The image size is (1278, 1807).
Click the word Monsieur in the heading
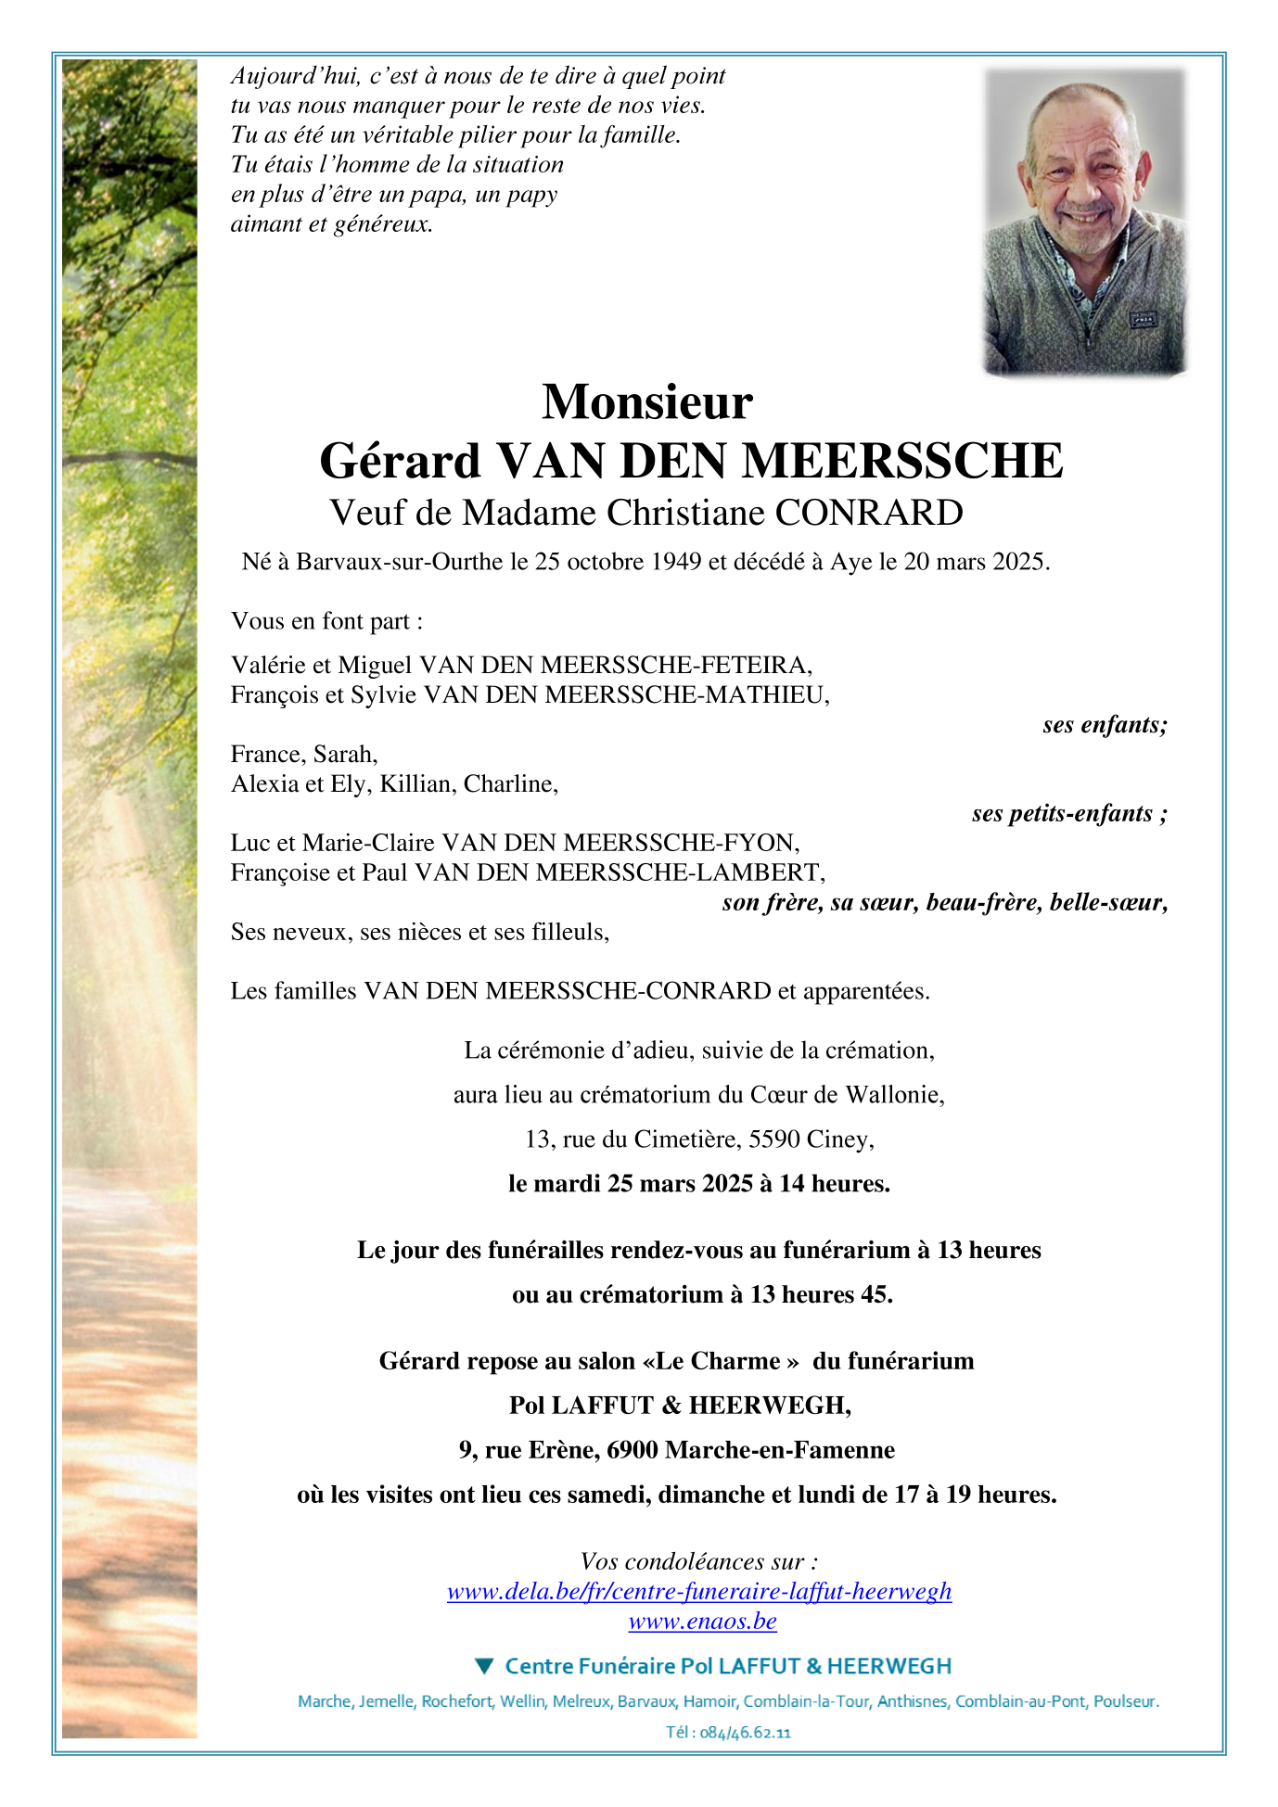click(x=646, y=402)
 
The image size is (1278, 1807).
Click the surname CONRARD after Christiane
click(x=869, y=513)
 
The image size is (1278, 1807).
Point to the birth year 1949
click(x=676, y=562)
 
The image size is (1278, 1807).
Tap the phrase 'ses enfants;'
click(x=1105, y=725)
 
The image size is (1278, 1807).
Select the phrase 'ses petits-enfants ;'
click(x=1069, y=814)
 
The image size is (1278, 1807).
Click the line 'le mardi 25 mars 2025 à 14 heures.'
click(x=699, y=1184)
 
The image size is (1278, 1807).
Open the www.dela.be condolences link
click(x=699, y=1592)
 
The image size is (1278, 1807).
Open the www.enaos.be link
click(x=702, y=1622)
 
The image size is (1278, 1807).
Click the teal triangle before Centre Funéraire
click(x=484, y=1666)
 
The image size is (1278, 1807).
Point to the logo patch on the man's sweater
click(x=1142, y=320)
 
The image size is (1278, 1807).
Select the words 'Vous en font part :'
click(x=326, y=621)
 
